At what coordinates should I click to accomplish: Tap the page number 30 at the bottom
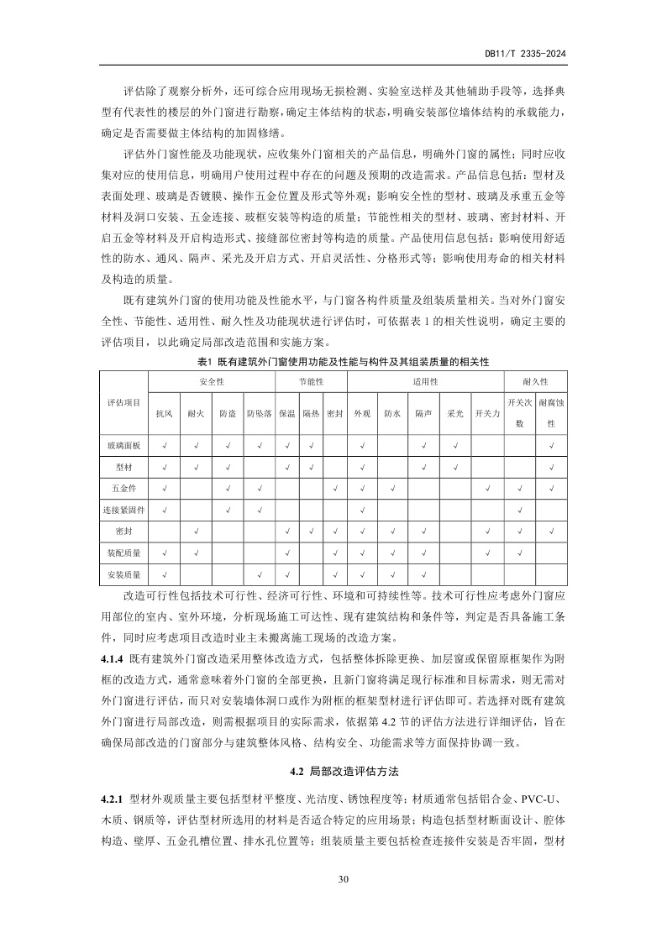tap(342, 879)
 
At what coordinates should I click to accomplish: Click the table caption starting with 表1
tap(342, 360)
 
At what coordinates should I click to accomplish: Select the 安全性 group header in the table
tap(212, 380)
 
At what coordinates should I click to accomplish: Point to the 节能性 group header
tap(311, 380)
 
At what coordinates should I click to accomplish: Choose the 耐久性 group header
tap(535, 380)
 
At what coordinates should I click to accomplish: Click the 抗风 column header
tap(164, 413)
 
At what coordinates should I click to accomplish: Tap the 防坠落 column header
tap(259, 413)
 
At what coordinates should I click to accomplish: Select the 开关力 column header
tap(487, 413)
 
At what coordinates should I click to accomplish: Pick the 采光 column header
tap(455, 413)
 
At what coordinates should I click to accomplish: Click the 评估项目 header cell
tap(124, 402)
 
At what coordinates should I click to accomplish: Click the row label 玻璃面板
tap(124, 443)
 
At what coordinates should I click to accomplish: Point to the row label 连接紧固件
tap(124, 509)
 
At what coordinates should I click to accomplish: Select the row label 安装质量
tap(124, 575)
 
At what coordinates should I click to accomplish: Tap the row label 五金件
tap(124, 487)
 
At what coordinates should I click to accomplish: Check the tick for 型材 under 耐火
tap(196, 465)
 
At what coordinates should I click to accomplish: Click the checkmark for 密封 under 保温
tap(287, 531)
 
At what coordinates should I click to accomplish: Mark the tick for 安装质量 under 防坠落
tap(260, 575)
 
